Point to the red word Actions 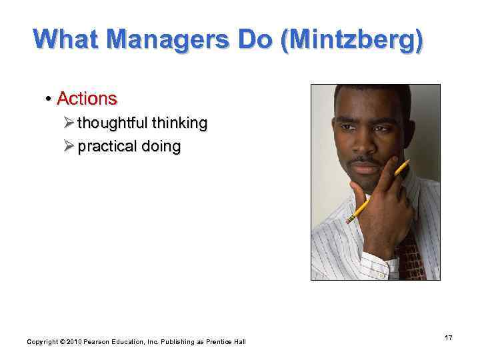[87, 99]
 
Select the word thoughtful [113, 123]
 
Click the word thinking [180, 123]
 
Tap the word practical [107, 147]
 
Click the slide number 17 [449, 339]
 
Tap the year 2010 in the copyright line [73, 342]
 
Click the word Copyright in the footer [43, 342]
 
